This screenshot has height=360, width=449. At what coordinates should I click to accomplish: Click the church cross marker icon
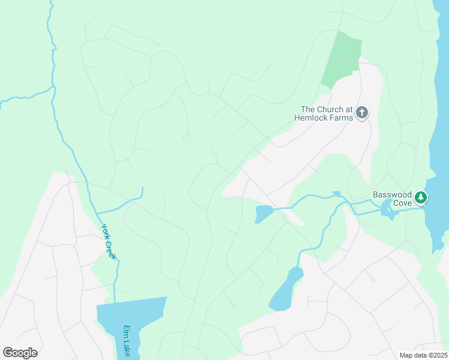click(x=362, y=112)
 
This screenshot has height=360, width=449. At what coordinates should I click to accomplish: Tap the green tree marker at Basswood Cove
click(x=421, y=197)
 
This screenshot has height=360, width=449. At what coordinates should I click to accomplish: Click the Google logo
click(x=20, y=353)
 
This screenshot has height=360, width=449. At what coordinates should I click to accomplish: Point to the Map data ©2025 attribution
click(x=423, y=355)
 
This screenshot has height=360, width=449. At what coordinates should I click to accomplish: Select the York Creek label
click(x=108, y=241)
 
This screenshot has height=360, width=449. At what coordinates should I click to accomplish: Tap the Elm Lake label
click(x=127, y=341)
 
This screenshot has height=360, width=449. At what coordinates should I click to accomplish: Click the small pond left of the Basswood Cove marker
click(x=387, y=209)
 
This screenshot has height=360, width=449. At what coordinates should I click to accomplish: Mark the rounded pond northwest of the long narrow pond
click(x=263, y=213)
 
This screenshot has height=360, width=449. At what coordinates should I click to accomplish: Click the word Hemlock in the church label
click(x=309, y=118)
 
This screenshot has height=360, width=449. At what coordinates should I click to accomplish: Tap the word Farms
click(x=339, y=118)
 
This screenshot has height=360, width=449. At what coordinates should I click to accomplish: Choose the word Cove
click(x=402, y=203)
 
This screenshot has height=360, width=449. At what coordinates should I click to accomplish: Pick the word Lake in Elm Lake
click(x=127, y=348)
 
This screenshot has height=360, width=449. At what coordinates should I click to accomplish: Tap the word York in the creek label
click(x=104, y=232)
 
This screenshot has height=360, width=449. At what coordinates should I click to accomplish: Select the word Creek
click(x=110, y=248)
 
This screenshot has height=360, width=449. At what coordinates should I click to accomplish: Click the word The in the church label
click(x=308, y=109)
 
